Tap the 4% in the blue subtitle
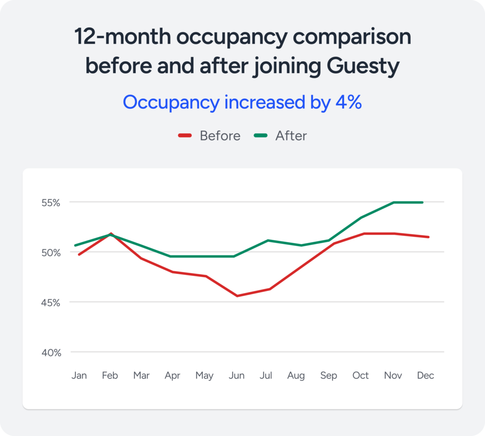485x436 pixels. click(x=348, y=102)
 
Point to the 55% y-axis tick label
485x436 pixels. click(x=50, y=203)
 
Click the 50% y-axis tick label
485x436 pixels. click(x=50, y=253)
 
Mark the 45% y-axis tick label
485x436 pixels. click(x=50, y=302)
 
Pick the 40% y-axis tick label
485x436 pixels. click(x=50, y=352)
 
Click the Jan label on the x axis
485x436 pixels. click(x=79, y=376)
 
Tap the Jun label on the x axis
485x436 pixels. click(x=236, y=376)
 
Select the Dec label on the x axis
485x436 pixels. click(x=425, y=376)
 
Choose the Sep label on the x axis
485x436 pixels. click(x=329, y=376)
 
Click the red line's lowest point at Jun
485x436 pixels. click(x=236, y=296)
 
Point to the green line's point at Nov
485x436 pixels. click(x=393, y=202)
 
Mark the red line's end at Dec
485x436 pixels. click(x=428, y=237)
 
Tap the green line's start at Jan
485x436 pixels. click(x=75, y=245)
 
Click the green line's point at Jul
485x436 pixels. click(x=268, y=240)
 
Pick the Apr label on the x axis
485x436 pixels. click(x=172, y=376)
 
